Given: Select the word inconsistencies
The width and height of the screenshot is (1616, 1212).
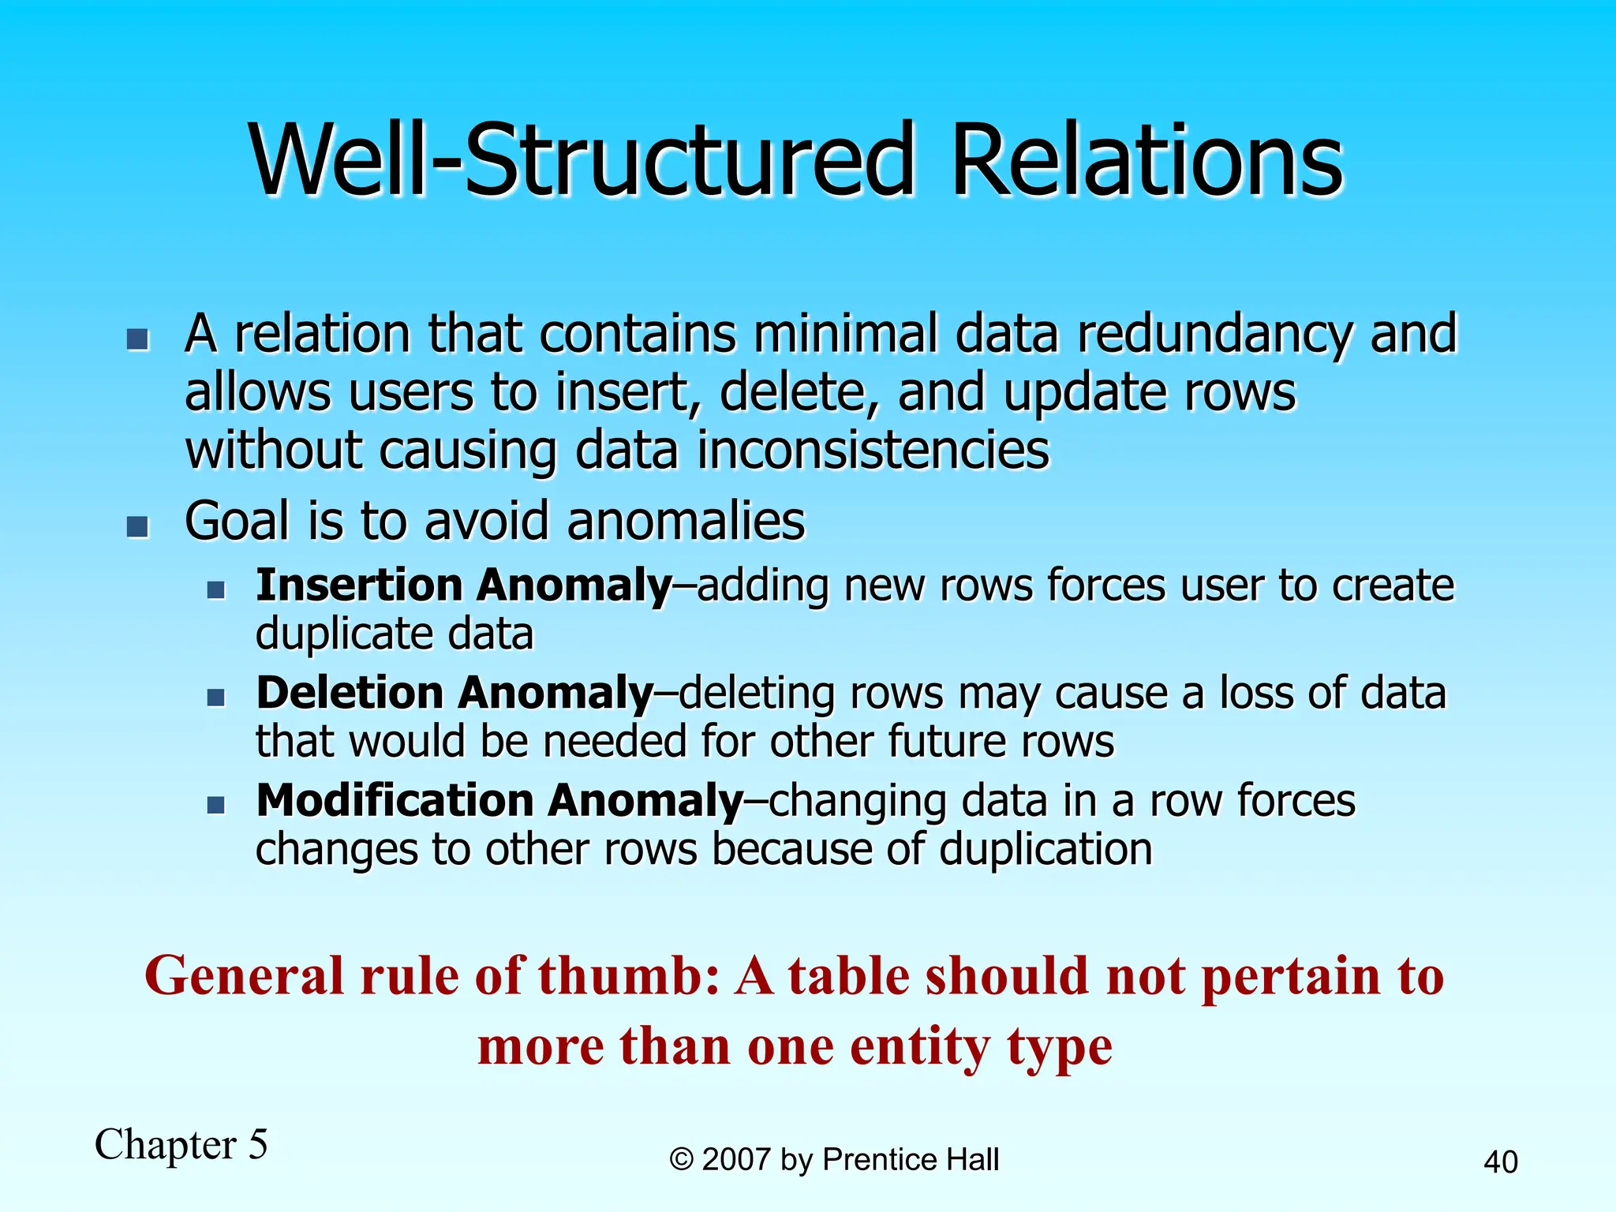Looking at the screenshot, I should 873,451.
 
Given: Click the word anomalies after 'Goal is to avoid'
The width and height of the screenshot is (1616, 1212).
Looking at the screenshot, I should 686,522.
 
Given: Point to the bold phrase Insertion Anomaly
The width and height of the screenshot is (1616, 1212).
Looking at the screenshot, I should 463,585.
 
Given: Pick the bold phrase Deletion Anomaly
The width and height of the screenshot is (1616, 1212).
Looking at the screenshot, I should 454,694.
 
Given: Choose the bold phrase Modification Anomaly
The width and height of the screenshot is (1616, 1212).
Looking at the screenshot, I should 499,801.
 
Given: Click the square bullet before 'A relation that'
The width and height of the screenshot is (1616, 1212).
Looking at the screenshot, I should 138,340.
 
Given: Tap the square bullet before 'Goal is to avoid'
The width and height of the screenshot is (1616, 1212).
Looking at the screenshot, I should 138,526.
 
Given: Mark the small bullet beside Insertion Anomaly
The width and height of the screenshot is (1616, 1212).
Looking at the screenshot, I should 216,590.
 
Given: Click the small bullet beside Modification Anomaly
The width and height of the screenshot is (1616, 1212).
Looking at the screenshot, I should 216,806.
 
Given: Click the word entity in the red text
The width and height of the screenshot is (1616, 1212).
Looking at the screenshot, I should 919,1047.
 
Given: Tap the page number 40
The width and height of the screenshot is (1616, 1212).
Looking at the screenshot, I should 1500,1162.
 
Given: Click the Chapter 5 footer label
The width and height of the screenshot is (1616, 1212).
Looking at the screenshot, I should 181,1144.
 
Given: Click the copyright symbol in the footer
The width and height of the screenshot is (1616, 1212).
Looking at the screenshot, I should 681,1160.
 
